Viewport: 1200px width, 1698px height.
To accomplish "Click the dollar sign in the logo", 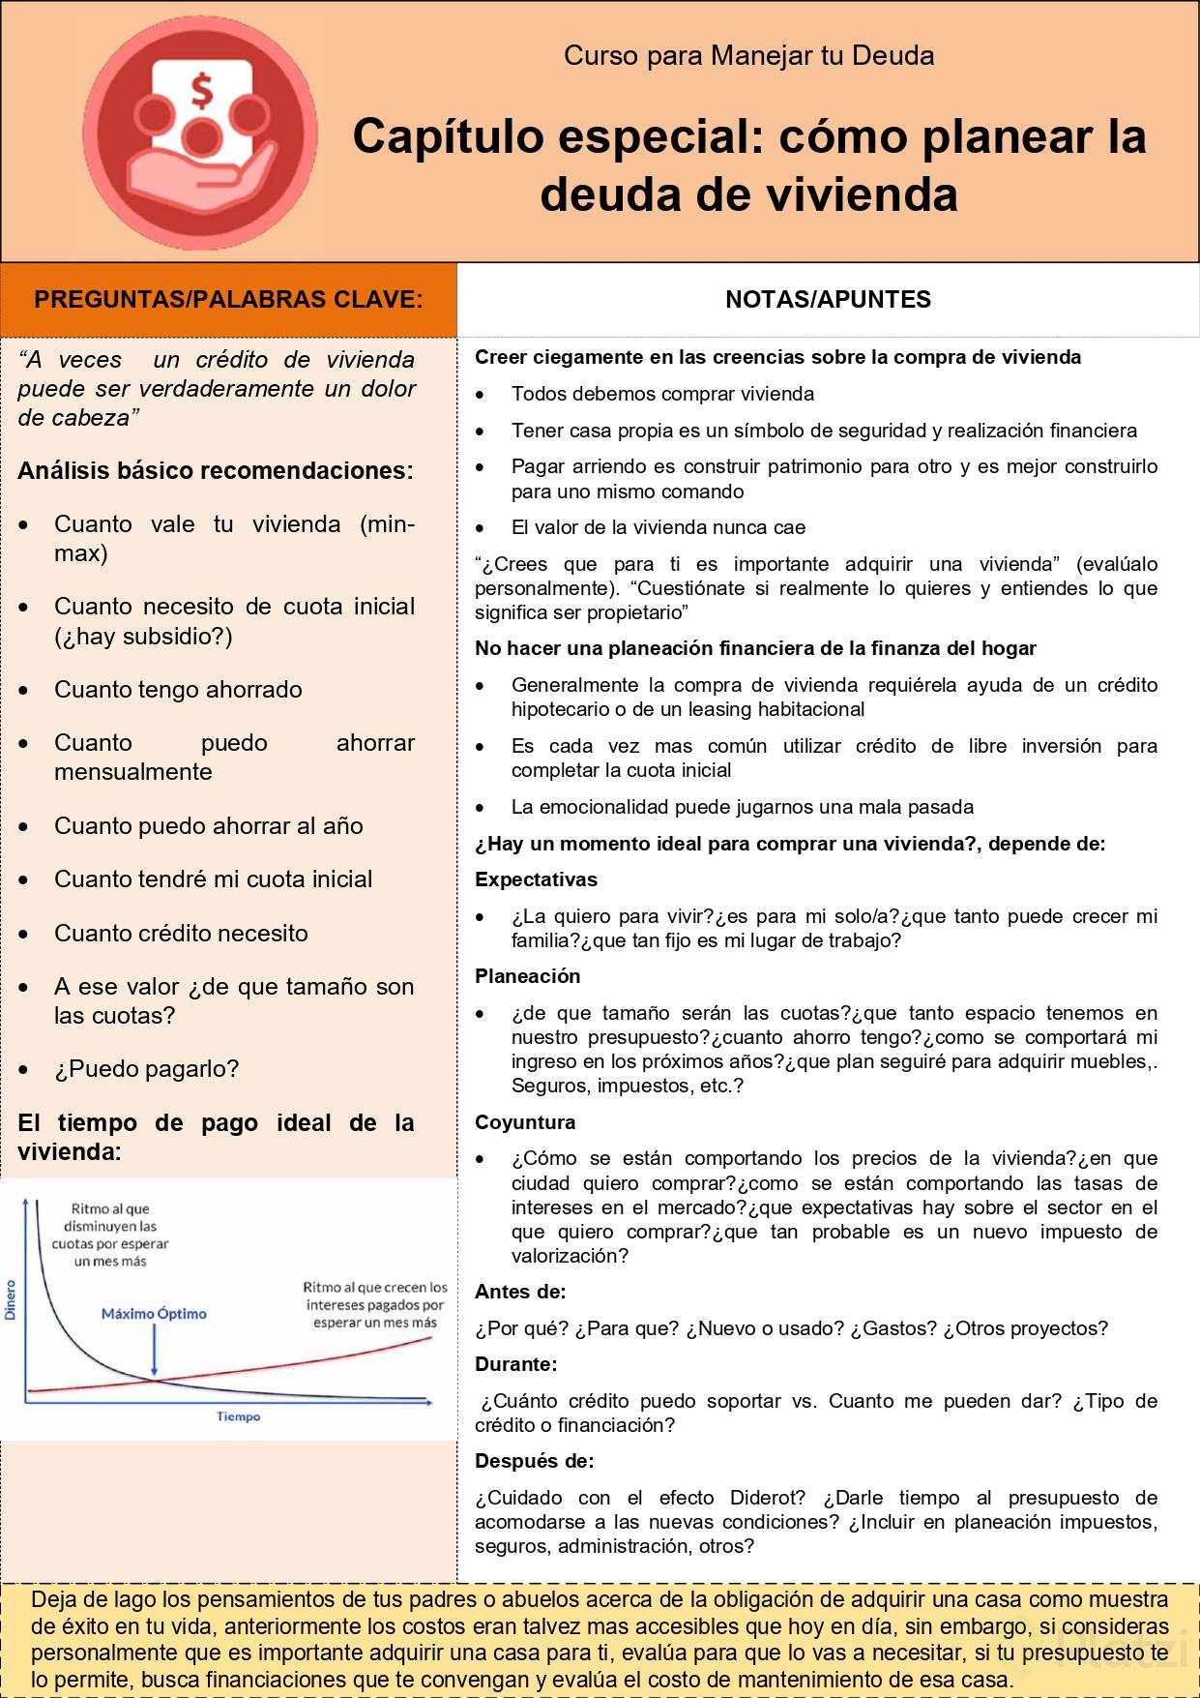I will (x=201, y=91).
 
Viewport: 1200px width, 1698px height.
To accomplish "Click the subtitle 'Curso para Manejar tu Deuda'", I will (x=748, y=56).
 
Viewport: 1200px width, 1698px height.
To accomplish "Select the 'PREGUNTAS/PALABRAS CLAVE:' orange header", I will (x=228, y=300).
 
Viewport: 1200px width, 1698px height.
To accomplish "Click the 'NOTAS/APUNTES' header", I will (x=828, y=300).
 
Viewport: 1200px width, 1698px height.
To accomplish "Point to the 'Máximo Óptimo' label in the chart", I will (x=154, y=1314).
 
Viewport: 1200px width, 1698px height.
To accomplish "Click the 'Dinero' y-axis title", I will (x=12, y=1299).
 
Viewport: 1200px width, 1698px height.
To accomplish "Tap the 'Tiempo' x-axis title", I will (x=238, y=1416).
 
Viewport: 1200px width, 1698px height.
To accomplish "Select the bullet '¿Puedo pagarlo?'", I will (x=146, y=1069).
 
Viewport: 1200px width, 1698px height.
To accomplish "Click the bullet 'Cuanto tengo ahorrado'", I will (x=178, y=690).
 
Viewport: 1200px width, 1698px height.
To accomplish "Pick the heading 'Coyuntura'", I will (x=525, y=1122).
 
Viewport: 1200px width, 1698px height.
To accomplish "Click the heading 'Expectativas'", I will (x=536, y=879).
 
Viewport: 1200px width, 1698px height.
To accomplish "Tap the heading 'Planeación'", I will (x=527, y=976).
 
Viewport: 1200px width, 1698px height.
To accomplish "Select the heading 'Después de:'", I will (x=534, y=1461).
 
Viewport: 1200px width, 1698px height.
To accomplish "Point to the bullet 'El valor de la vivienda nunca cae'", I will (x=658, y=527).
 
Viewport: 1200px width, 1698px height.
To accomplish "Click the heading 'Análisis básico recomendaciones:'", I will (x=215, y=471).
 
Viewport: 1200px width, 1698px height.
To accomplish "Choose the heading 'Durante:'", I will (x=515, y=1364).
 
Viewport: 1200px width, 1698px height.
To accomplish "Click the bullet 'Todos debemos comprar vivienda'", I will (x=662, y=394).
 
